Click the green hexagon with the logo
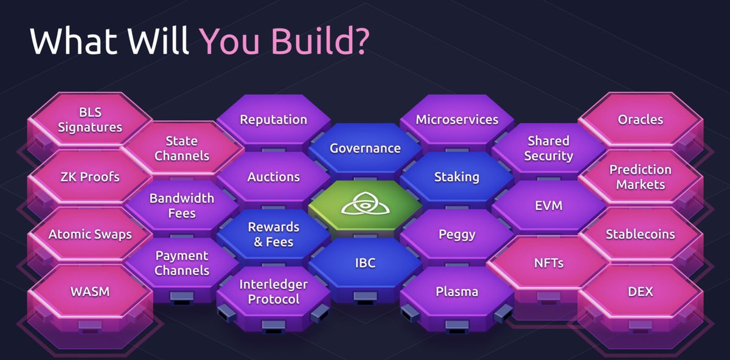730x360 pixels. tap(365, 206)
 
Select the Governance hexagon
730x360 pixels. tap(365, 148)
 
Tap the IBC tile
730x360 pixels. tap(365, 263)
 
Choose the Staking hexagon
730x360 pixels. tap(457, 177)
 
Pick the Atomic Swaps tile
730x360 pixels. tap(90, 234)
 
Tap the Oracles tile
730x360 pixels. tap(640, 120)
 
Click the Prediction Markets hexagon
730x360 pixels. tap(640, 177)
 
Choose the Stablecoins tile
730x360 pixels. tap(640, 234)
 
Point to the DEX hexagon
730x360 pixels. tap(640, 291)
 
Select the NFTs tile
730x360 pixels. tap(548, 263)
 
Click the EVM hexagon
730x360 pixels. tap(548, 206)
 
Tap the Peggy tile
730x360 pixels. tap(457, 234)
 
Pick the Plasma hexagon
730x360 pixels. tap(457, 291)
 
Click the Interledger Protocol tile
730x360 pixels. tap(273, 292)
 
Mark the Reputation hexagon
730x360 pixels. tap(273, 120)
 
